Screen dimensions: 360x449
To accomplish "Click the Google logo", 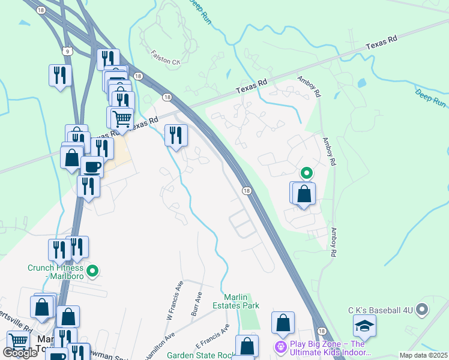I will tap(20, 353).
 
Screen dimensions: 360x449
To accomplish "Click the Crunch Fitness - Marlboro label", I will tap(55, 272).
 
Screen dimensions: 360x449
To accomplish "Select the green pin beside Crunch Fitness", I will tap(92, 272).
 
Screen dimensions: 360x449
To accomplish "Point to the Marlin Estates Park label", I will tap(234, 301).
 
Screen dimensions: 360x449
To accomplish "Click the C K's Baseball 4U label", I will tap(381, 310).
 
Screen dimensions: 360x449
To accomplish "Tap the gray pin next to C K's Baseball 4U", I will tap(423, 310).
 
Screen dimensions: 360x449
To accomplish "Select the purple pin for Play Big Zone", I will tap(280, 347).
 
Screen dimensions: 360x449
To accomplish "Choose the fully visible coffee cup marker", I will tap(92, 167).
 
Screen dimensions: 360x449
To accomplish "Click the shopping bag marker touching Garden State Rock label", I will tap(247, 346).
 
